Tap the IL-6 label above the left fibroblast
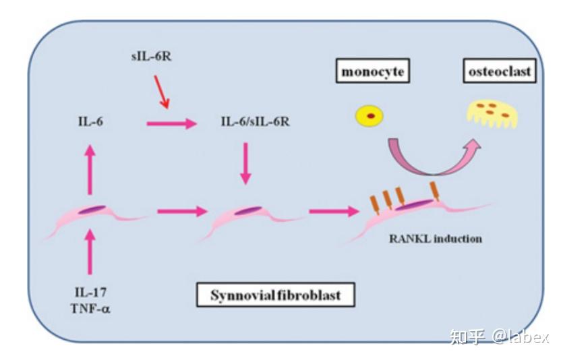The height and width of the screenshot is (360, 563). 90,123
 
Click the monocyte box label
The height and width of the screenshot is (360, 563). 374,71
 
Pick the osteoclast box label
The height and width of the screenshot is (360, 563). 500,71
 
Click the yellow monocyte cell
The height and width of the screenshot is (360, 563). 370,115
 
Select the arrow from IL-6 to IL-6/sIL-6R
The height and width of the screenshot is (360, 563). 171,123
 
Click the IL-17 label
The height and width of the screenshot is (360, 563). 90,292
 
